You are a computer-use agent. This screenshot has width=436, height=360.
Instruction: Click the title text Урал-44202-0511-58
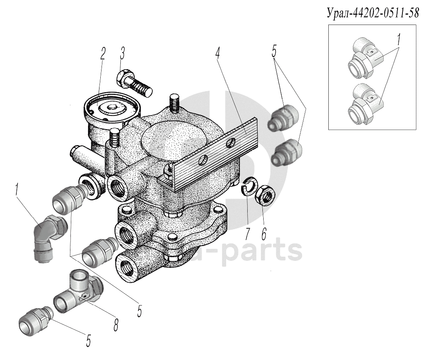[373, 13]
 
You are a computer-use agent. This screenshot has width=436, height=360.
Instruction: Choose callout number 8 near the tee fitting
[116, 324]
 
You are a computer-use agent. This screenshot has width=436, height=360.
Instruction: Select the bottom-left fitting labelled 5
[35, 322]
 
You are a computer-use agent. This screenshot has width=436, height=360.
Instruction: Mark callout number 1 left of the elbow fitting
[16, 190]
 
